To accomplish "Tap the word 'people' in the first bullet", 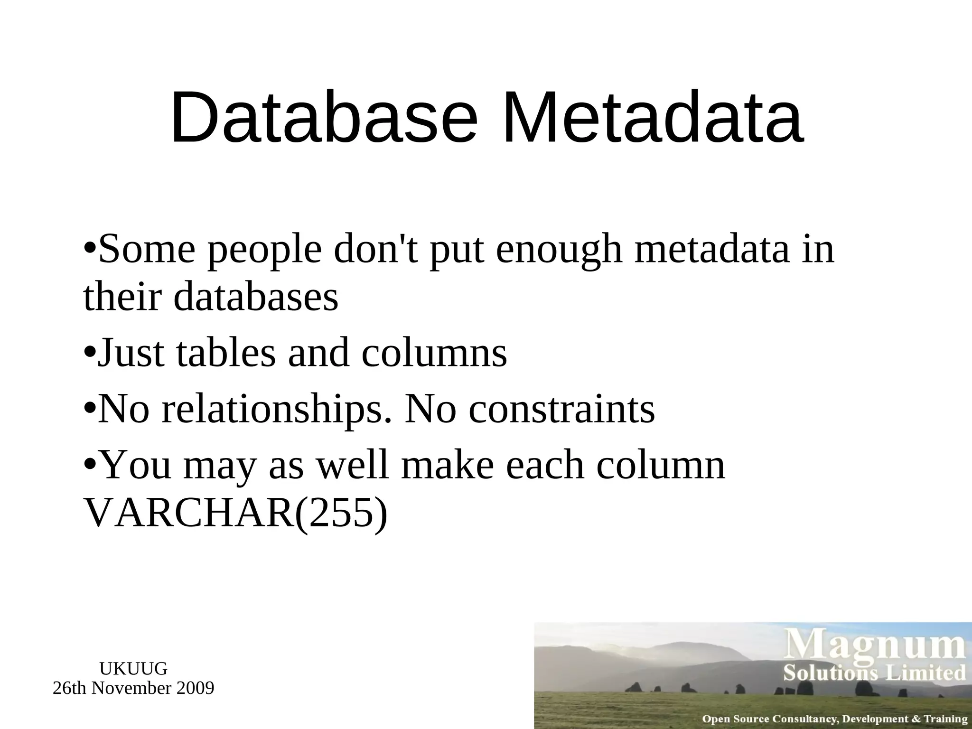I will [x=264, y=250].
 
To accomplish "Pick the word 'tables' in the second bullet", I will [x=225, y=353].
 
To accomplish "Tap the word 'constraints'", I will [x=562, y=409].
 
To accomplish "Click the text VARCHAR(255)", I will [x=235, y=514].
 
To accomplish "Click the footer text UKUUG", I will [x=133, y=669].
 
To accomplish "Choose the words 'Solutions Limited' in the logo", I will [x=874, y=673].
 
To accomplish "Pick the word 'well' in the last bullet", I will [x=353, y=465].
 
